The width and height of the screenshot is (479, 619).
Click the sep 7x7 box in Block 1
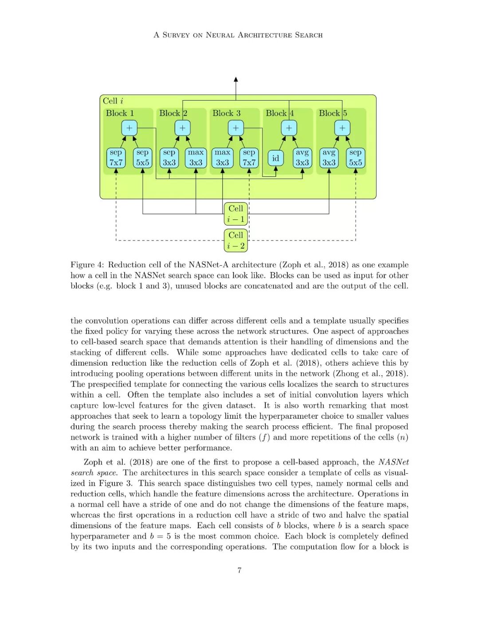click(116, 158)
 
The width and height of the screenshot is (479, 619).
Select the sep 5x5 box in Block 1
click(142, 158)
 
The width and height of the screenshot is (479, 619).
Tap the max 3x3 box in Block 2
click(196, 158)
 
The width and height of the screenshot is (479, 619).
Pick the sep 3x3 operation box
click(169, 158)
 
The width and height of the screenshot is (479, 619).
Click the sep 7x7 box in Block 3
click(249, 158)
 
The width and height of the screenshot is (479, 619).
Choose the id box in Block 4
click(275, 158)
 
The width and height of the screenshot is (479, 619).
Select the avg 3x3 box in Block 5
click(329, 158)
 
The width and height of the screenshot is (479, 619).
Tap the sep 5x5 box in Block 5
click(355, 158)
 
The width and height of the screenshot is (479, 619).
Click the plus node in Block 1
click(129, 128)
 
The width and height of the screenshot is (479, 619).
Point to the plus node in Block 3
click(236, 128)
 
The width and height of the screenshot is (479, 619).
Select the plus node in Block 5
click(342, 128)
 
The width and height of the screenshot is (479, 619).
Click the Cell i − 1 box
click(236, 214)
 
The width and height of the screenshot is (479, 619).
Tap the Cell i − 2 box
click(236, 240)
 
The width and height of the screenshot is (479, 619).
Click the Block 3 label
click(226, 113)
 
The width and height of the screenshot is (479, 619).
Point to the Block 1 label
click(120, 113)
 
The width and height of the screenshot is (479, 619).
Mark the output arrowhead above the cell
click(236, 80)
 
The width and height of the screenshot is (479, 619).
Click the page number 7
click(239, 570)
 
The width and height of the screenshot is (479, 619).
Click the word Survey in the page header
click(176, 35)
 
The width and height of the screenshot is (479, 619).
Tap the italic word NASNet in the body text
click(393, 462)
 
